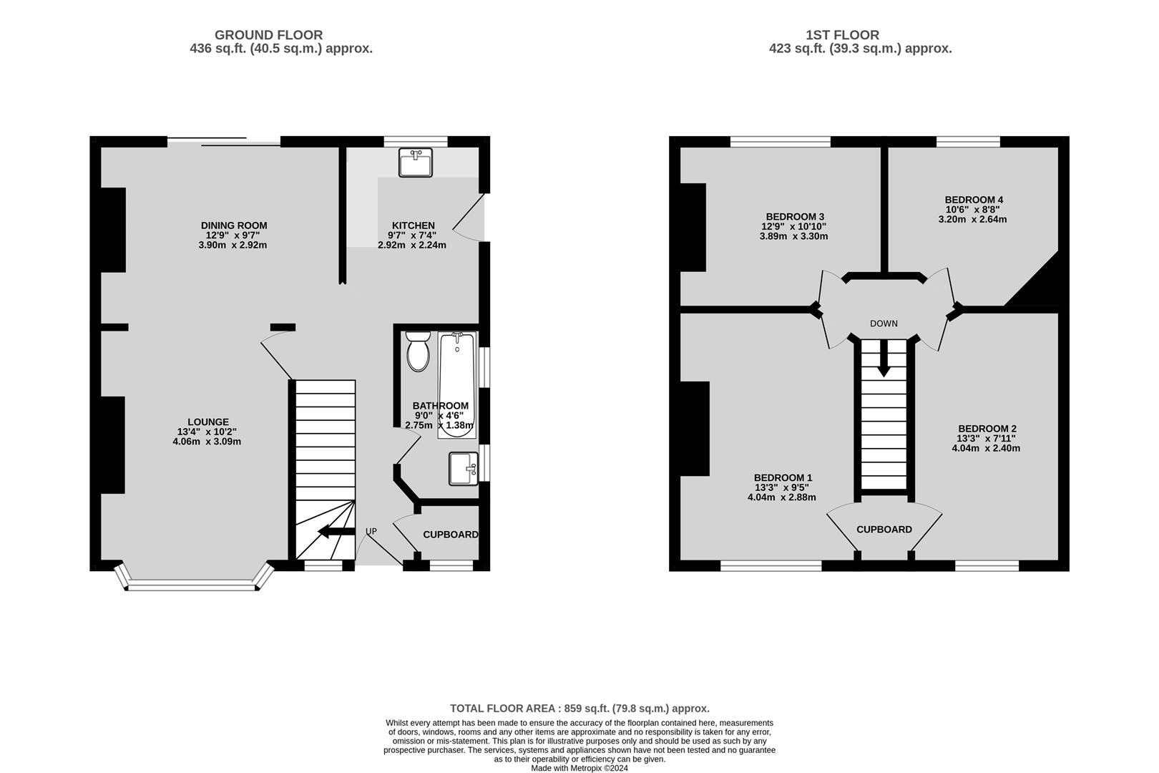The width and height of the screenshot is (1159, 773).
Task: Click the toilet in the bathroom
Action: (x=418, y=351)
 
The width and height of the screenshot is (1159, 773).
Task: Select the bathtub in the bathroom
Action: (x=457, y=385)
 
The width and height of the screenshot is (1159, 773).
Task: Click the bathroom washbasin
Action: (x=464, y=469)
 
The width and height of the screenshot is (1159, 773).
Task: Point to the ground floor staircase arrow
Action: (x=336, y=531)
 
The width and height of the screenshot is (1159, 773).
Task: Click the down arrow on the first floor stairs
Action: (x=884, y=358)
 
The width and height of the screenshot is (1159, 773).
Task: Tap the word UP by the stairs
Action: (x=371, y=532)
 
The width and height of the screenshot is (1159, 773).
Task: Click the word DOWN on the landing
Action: (x=884, y=324)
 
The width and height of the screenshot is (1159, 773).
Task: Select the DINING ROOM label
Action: (x=234, y=225)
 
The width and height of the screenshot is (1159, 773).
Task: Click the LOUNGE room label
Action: (x=208, y=422)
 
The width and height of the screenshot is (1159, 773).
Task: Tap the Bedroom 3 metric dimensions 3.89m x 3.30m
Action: (x=793, y=237)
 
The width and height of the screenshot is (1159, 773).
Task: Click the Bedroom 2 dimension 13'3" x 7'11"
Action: (x=986, y=439)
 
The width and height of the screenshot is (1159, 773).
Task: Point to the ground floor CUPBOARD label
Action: (x=451, y=535)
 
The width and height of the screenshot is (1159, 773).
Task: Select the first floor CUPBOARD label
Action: (x=884, y=530)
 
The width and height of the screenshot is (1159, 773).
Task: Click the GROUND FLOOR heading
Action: (x=268, y=35)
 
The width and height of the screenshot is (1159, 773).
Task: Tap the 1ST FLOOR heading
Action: (x=842, y=35)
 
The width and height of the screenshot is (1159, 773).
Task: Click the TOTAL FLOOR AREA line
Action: (x=579, y=709)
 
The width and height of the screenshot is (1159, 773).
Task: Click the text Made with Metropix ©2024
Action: (x=579, y=768)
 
